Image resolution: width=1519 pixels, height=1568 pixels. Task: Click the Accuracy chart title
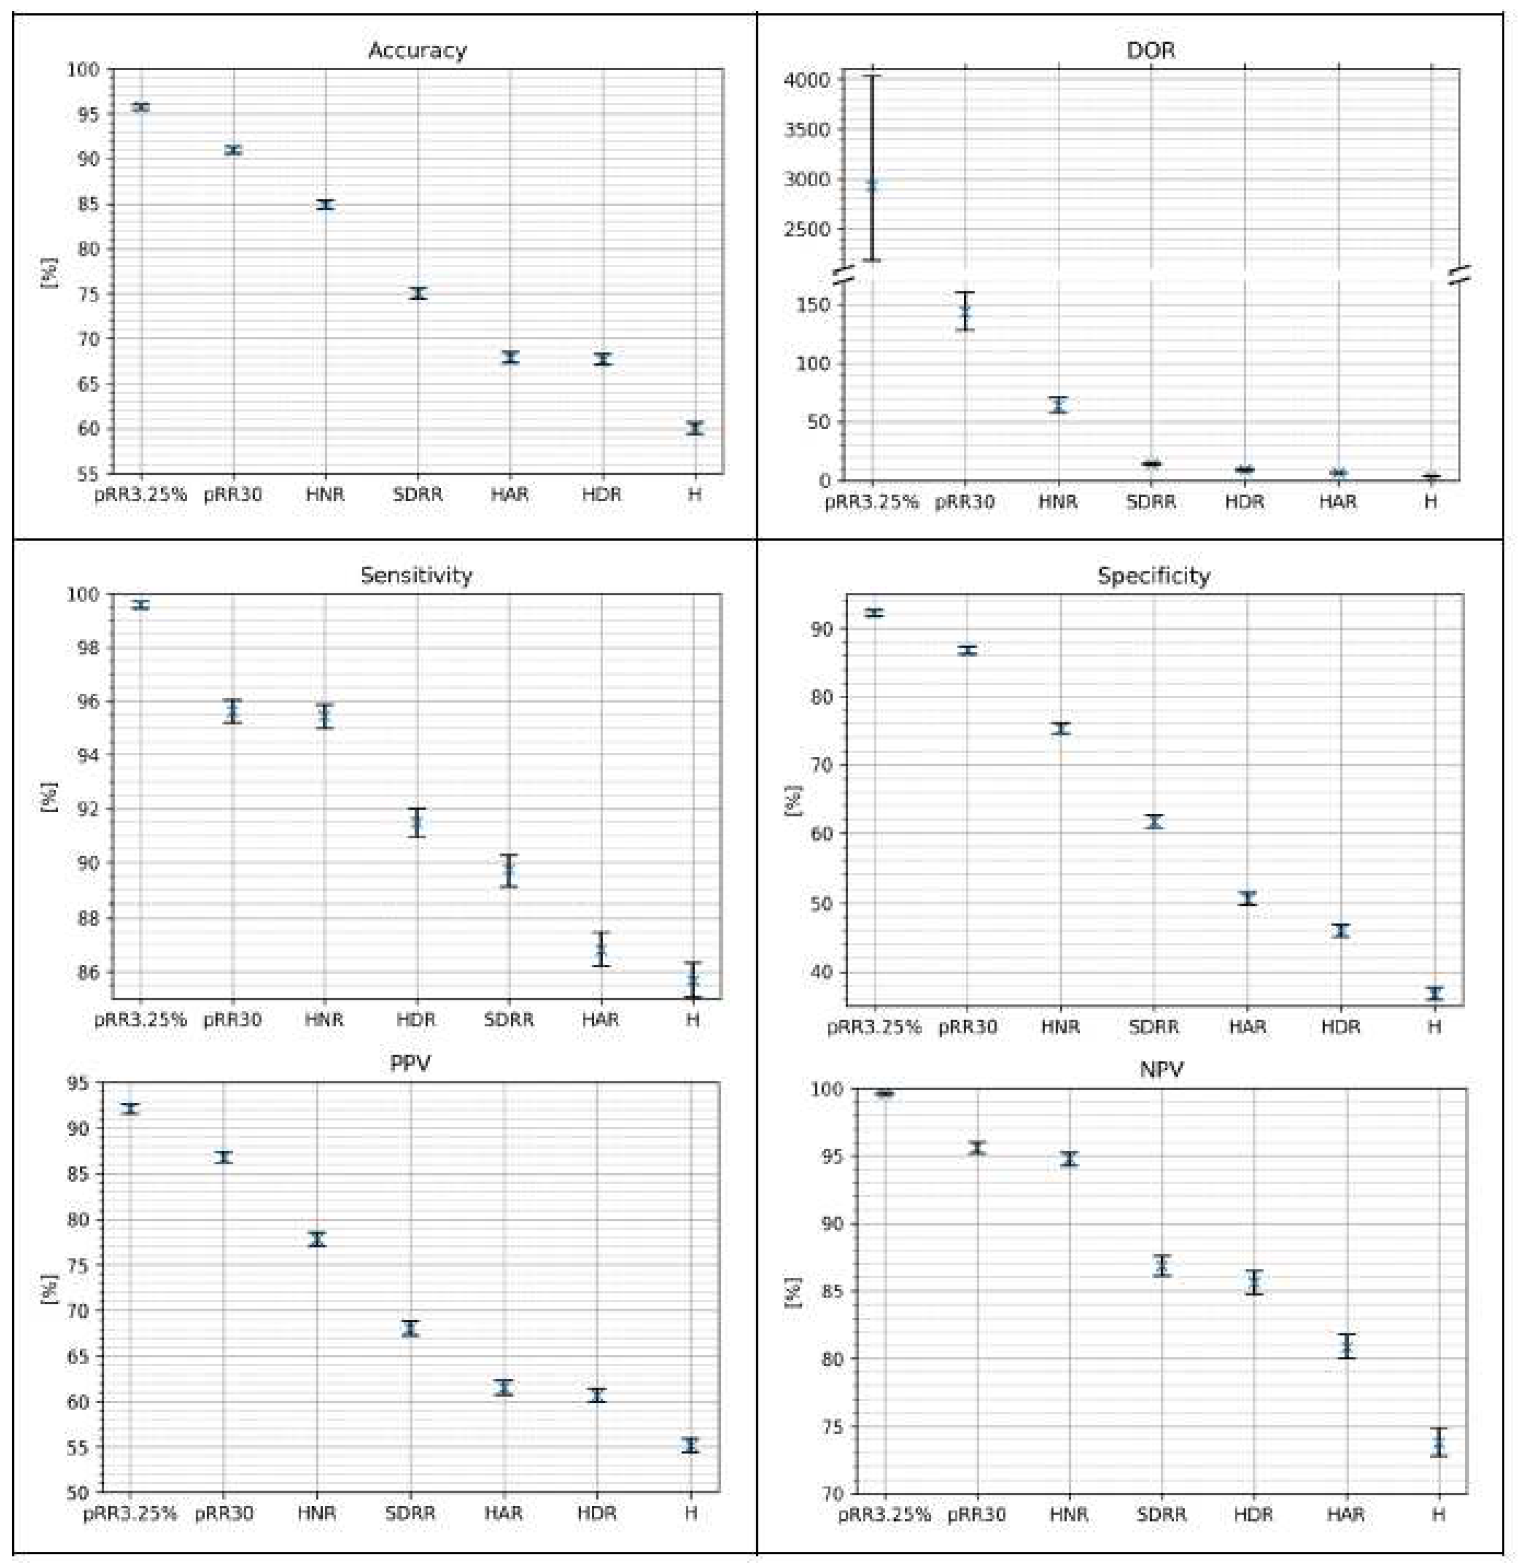(417, 50)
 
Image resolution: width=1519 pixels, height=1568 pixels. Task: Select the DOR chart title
(1150, 50)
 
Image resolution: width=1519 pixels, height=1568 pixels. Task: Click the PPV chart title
(410, 1063)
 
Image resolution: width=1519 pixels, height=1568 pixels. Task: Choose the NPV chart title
(1162, 1070)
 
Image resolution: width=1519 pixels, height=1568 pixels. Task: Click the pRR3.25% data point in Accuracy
(141, 106)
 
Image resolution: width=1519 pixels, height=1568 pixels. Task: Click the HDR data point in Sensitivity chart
(417, 823)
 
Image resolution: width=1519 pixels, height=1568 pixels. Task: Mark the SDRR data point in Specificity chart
(1153, 822)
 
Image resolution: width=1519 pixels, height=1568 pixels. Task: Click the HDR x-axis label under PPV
(597, 1513)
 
